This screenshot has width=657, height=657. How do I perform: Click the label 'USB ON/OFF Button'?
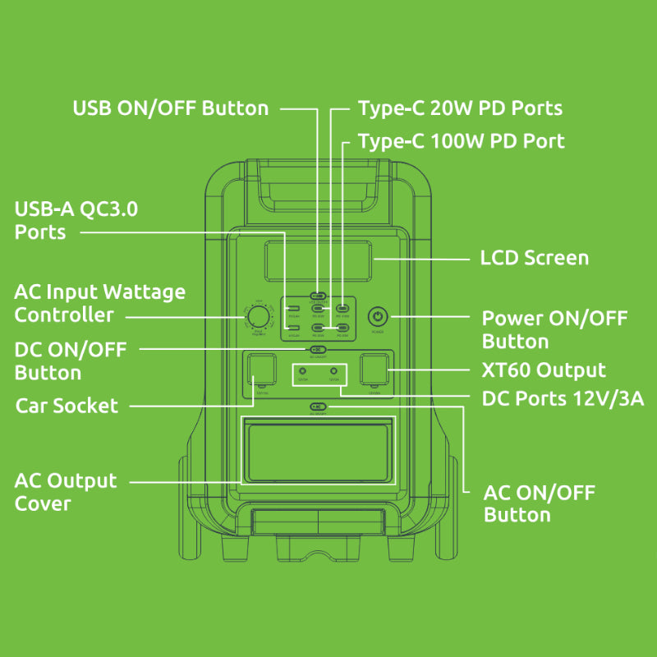click(x=171, y=108)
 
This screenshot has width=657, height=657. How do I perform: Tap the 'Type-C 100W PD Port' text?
click(x=461, y=141)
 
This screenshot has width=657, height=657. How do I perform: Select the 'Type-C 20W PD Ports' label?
click(x=460, y=108)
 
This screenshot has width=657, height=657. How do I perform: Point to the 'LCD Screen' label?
click(x=534, y=258)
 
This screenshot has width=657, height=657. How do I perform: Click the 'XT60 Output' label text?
click(x=544, y=370)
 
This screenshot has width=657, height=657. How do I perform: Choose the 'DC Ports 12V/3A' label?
click(x=563, y=398)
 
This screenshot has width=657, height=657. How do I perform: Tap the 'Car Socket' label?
click(x=67, y=406)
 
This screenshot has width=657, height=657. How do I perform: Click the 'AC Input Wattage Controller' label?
click(x=99, y=303)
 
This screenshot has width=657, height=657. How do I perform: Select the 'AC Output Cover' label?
click(x=66, y=491)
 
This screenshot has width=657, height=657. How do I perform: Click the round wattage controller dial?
click(x=259, y=318)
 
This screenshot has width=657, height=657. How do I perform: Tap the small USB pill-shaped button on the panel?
click(x=319, y=296)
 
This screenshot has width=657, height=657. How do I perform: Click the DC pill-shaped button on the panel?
click(x=319, y=349)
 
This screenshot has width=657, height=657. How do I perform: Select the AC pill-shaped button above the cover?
click(x=319, y=407)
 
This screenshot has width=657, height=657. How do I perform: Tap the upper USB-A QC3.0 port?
click(x=293, y=310)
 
